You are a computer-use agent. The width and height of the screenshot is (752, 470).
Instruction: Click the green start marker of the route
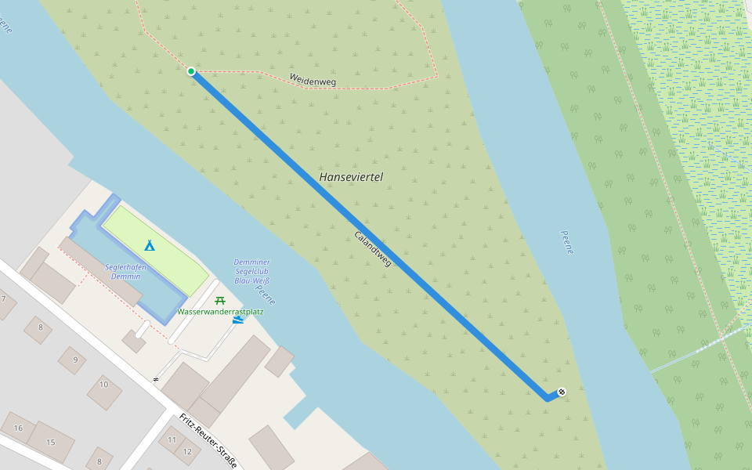191,71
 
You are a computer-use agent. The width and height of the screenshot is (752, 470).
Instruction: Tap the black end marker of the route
562,392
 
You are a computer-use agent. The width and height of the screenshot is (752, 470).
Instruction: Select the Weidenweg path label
312,79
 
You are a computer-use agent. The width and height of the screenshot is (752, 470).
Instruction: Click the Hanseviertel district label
351,177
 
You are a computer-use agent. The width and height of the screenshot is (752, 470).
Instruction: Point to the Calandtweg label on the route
373,248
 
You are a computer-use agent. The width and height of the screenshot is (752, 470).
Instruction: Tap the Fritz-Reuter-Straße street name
208,439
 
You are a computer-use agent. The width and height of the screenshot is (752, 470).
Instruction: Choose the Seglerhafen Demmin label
126,271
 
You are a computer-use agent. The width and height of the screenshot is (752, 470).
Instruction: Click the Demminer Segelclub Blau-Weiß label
251,271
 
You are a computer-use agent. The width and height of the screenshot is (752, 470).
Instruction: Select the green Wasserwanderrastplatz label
220,312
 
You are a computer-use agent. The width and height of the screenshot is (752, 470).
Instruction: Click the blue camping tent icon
149,244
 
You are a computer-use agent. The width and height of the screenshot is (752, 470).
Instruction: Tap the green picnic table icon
220,298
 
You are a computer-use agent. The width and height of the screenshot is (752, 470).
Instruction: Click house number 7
3,298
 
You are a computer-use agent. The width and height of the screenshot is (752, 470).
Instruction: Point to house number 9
75,360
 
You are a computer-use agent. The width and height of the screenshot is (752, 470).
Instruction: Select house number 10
103,384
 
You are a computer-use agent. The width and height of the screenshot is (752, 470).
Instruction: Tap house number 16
18,428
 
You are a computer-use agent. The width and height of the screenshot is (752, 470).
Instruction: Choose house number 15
50,443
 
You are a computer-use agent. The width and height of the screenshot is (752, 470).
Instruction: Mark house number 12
187,451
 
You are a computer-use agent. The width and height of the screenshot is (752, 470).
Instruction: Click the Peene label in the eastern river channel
568,242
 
